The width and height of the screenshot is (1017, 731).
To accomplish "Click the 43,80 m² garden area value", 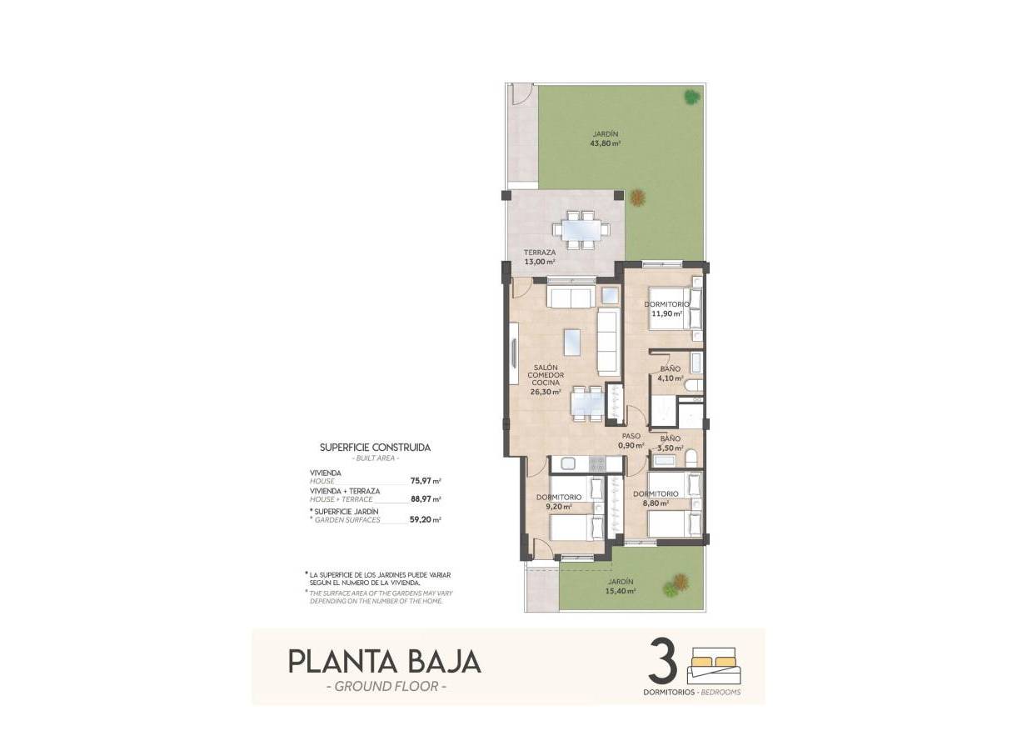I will tap(606, 143).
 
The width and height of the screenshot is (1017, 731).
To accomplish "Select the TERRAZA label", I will tap(540, 253).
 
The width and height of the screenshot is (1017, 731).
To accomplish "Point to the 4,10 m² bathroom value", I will tap(671, 378).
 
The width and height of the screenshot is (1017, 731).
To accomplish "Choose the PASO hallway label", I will tap(631, 436).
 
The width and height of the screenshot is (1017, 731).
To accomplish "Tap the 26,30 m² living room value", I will tap(545, 391).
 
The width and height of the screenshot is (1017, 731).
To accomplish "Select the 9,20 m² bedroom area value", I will tap(559, 506).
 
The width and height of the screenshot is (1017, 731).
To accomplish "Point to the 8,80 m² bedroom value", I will tap(656, 503).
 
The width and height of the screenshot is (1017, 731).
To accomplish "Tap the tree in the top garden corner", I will tap(692, 98).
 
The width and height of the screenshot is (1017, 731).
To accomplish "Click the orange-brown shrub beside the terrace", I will tap(637, 198).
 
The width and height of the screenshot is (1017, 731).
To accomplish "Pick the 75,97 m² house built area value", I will tap(426, 481).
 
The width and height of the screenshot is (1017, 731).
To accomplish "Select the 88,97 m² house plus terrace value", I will tap(426, 499).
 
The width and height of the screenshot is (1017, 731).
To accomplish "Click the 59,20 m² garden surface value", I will tap(426, 519).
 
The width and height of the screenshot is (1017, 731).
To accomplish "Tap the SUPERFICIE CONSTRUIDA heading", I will tap(375, 448).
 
